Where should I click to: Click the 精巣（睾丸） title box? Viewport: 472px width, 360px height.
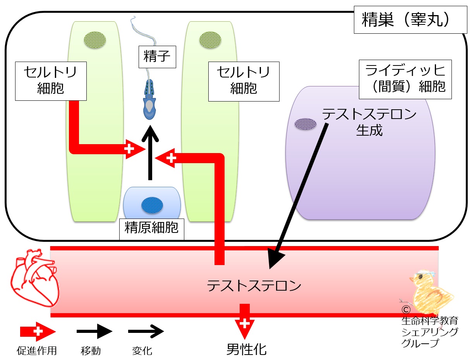410,20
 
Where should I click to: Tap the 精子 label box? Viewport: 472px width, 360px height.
157,57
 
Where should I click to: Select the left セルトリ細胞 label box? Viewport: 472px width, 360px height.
51,81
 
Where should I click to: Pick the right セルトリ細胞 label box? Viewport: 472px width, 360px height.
244,81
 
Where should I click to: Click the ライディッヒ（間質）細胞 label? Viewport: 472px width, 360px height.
405,79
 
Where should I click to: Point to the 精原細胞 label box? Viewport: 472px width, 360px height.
152,229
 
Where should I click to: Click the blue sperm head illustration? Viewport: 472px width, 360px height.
149,100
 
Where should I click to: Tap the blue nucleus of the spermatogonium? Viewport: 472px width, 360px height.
152,205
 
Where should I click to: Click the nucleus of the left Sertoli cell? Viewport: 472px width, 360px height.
95,40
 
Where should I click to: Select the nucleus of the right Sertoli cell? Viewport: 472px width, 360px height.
210,40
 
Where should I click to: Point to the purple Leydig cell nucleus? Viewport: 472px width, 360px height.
306,124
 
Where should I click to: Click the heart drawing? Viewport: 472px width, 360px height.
34,278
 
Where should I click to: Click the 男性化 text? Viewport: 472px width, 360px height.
246,349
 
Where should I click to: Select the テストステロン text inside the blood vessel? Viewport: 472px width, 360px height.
254,286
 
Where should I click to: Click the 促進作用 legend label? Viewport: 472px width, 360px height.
37,351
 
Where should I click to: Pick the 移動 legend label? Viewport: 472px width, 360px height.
91,351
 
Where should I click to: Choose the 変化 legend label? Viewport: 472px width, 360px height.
142,351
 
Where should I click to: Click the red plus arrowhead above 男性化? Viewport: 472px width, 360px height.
245,329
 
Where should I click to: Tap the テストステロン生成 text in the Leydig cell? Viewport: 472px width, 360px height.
369,122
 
